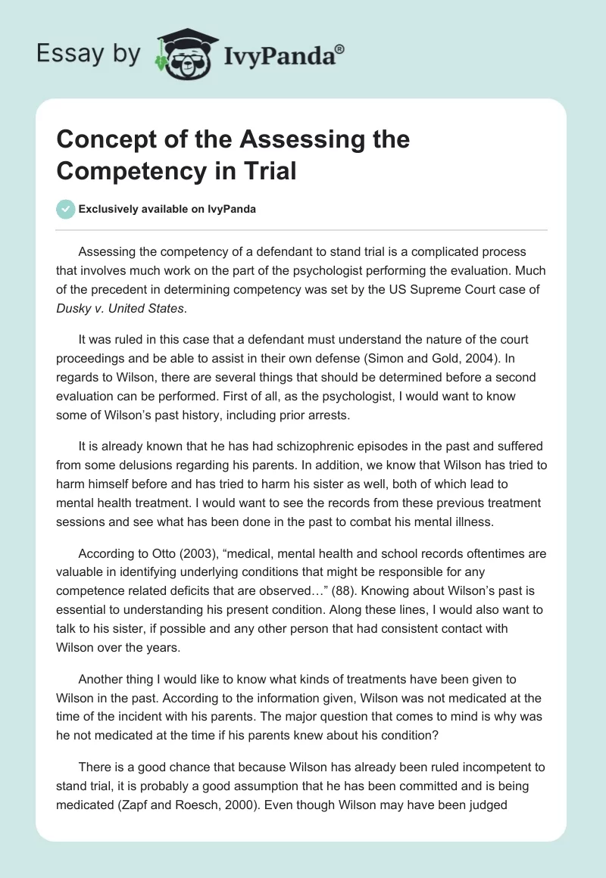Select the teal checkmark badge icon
pos(65,209)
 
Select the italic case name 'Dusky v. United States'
pos(120,308)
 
